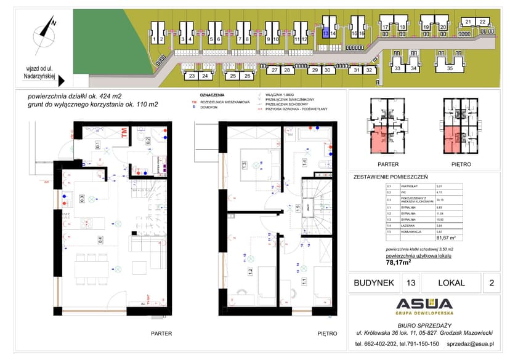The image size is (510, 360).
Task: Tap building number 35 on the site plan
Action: pyautogui.click(x=450, y=68)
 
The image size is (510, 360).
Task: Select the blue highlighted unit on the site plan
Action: pyautogui.click(x=325, y=34)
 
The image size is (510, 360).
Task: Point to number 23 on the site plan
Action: pyautogui.click(x=192, y=76)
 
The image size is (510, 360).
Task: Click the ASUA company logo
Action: pyautogui.click(x=424, y=305)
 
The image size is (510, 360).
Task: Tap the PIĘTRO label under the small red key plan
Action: pyautogui.click(x=461, y=164)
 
